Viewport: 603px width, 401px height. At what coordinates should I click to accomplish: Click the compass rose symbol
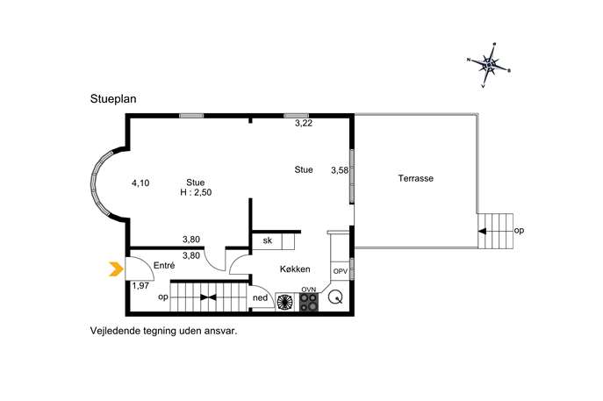(x=489, y=66)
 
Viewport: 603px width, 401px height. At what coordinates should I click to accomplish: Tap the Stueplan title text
(x=113, y=99)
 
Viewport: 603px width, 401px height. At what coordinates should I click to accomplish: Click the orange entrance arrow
(x=116, y=269)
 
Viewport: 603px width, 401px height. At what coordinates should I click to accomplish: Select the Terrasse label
(x=416, y=178)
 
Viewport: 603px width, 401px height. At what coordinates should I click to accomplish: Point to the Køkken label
(x=295, y=269)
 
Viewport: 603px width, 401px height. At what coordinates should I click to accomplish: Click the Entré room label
(x=164, y=265)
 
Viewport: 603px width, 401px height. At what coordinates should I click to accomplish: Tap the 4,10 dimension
(x=140, y=183)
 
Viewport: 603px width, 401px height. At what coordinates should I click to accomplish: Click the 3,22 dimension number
(x=304, y=124)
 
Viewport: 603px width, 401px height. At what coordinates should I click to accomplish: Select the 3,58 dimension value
(x=340, y=170)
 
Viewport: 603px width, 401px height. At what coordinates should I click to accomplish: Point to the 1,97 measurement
(x=140, y=286)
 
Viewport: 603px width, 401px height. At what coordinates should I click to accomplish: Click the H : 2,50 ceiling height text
(x=196, y=193)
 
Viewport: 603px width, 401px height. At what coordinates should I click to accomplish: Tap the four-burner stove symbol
(x=309, y=302)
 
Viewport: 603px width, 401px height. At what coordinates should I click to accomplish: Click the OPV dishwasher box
(x=341, y=271)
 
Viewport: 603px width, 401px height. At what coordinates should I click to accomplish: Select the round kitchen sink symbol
(x=335, y=297)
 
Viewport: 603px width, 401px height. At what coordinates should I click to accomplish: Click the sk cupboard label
(x=268, y=240)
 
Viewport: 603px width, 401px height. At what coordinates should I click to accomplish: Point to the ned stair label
(x=260, y=298)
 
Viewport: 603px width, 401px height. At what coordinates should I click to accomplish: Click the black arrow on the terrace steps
(x=482, y=231)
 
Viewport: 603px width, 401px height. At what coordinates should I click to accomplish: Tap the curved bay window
(x=101, y=183)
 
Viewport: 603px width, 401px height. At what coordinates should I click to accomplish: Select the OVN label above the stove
(x=309, y=290)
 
